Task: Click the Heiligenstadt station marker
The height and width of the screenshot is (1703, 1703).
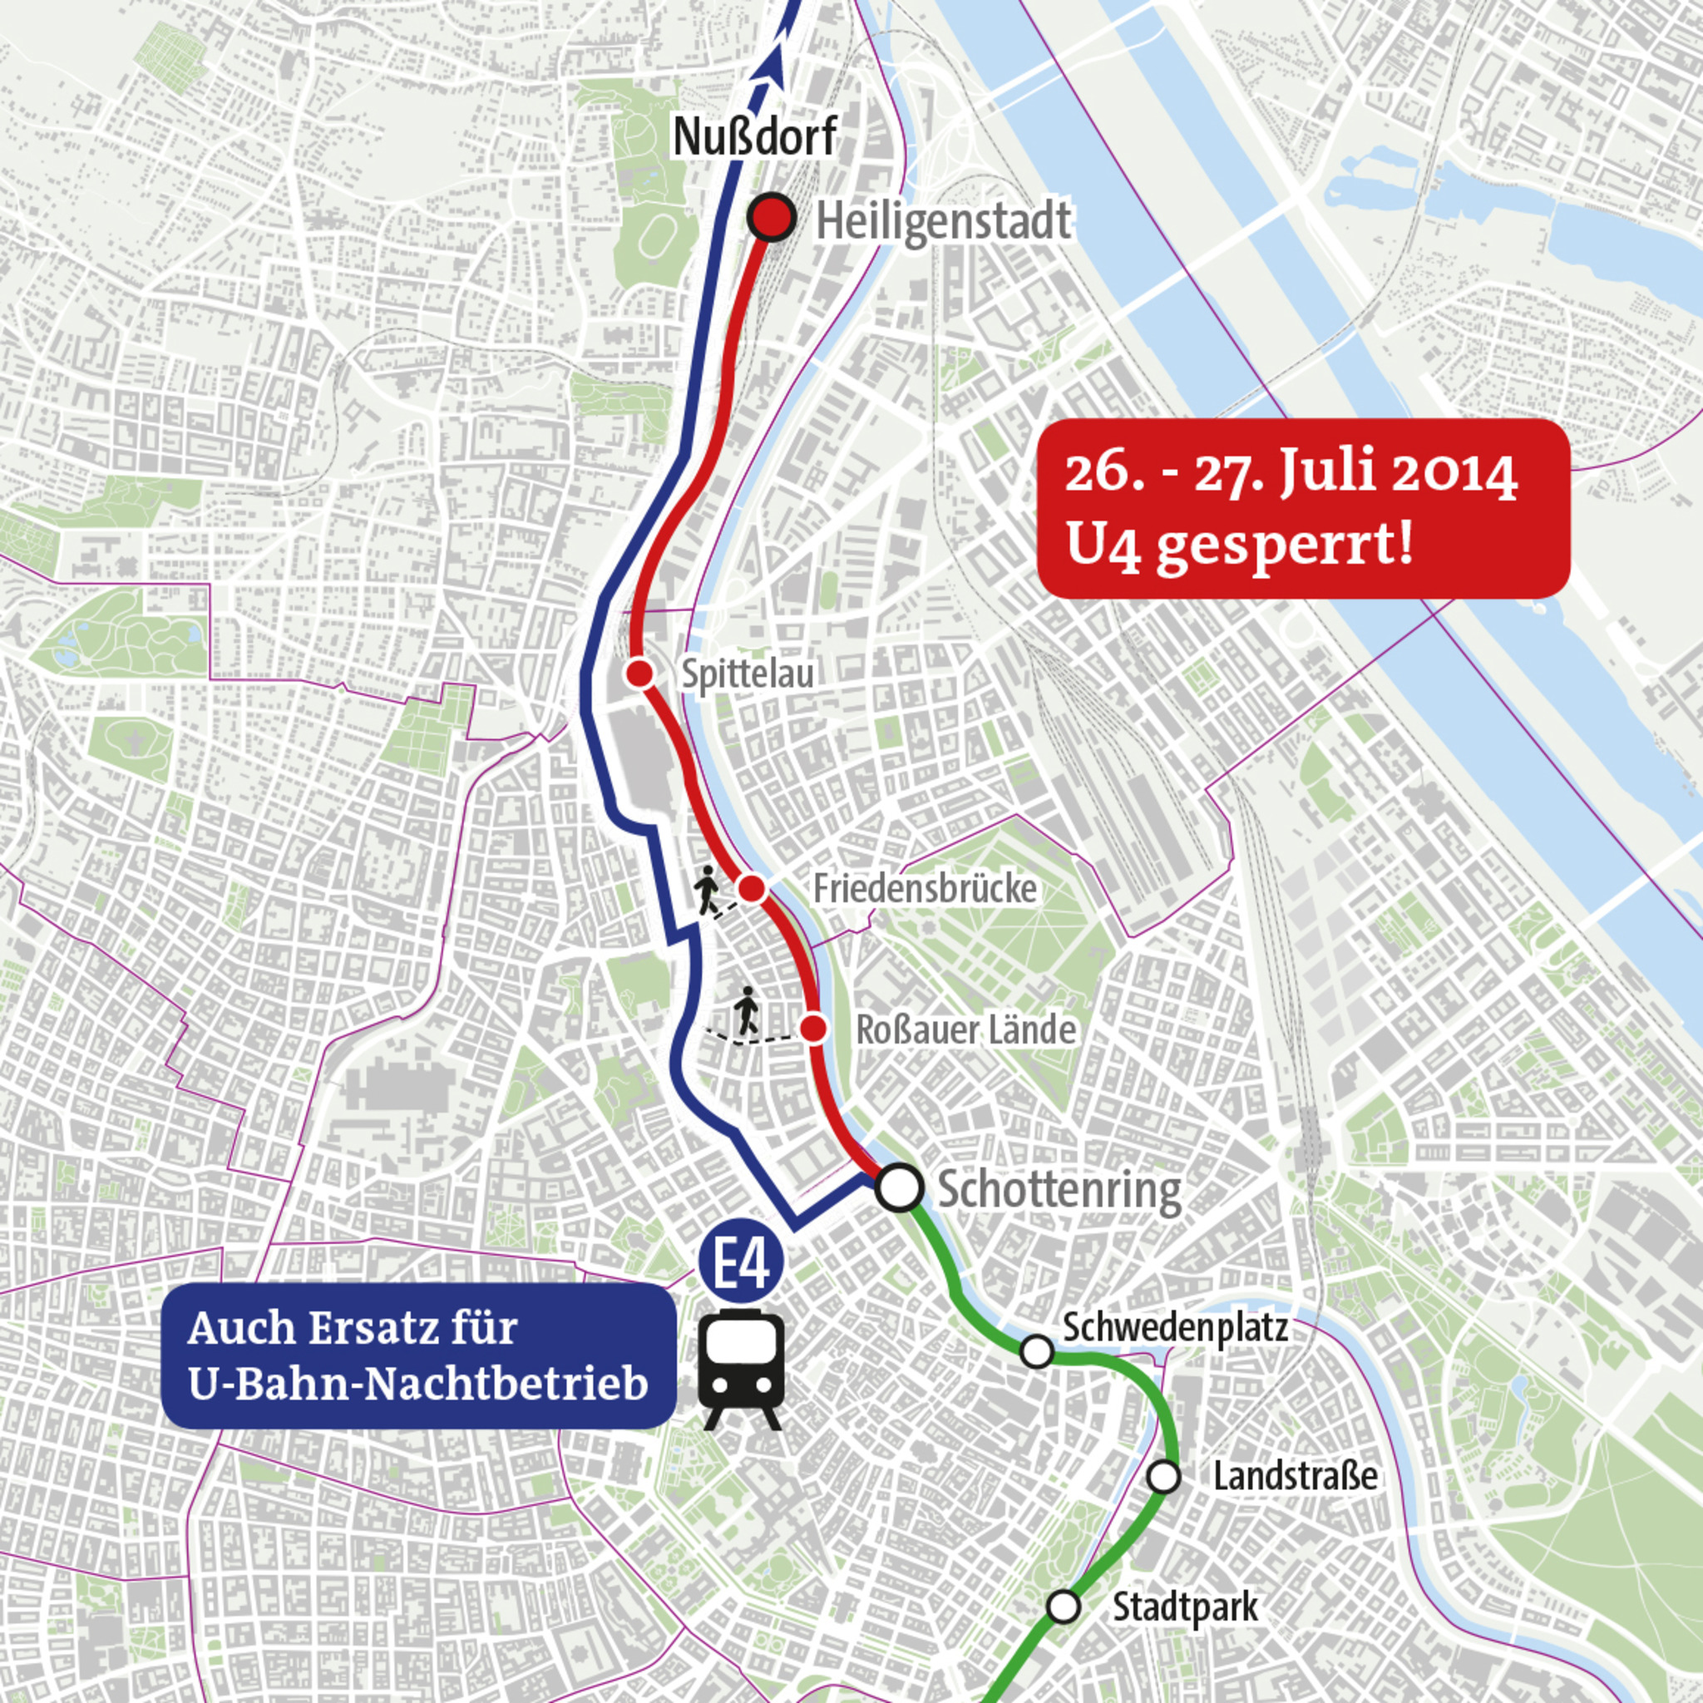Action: click(773, 217)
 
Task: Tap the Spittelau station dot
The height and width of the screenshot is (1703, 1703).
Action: click(640, 674)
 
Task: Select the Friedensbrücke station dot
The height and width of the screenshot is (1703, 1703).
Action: click(751, 889)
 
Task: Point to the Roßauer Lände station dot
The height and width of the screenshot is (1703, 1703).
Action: click(813, 1028)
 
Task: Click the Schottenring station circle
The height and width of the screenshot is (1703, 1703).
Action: click(900, 1187)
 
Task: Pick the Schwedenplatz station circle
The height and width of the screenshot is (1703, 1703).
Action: click(1037, 1350)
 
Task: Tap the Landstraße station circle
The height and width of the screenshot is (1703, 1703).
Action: click(1163, 1477)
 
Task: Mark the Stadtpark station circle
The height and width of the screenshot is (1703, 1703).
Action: click(1063, 1607)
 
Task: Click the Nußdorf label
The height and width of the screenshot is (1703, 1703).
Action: click(754, 136)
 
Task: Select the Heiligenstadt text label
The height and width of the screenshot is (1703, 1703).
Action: click(943, 220)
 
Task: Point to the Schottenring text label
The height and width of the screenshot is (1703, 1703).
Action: click(1059, 1190)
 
